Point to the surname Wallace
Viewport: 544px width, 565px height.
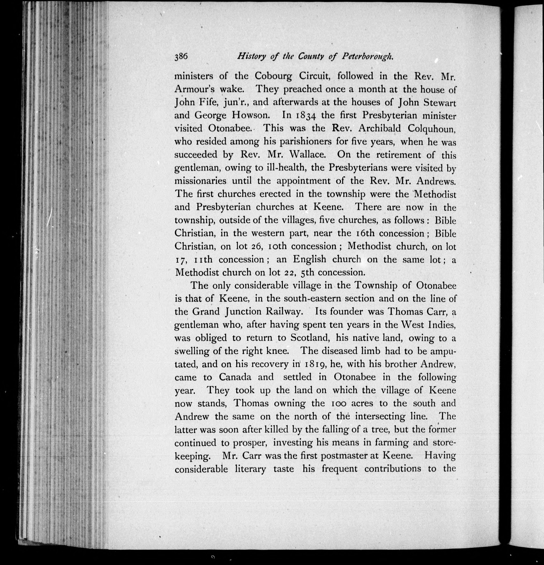tap(307, 155)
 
